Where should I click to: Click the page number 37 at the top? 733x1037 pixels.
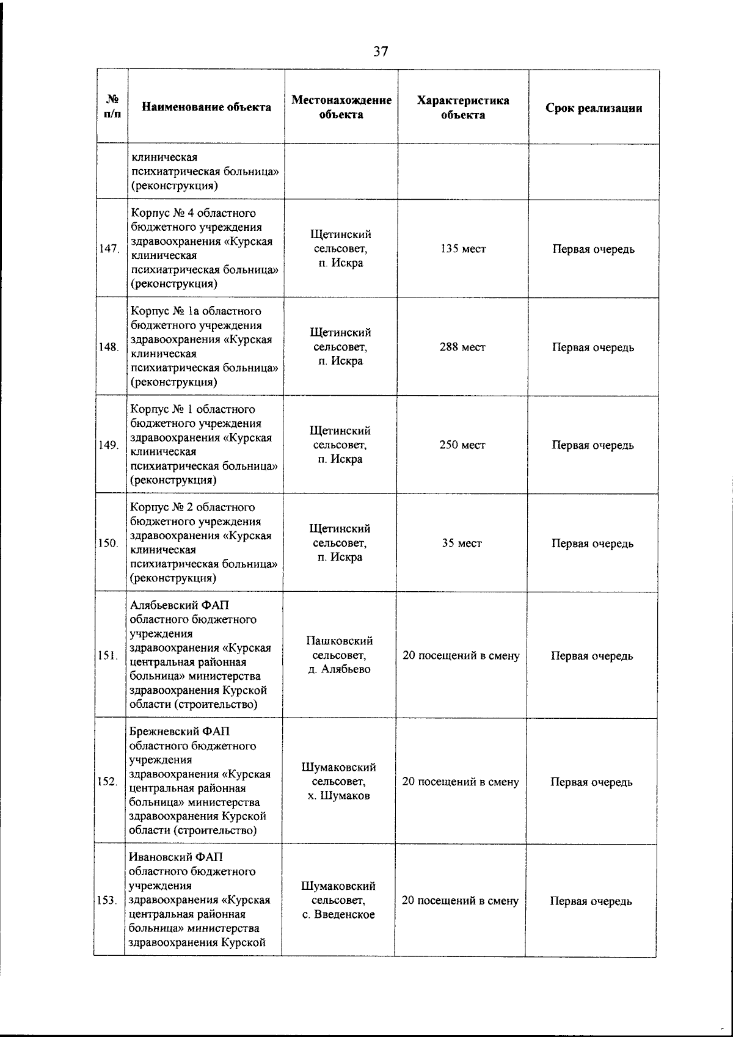click(381, 51)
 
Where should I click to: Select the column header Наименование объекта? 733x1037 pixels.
click(206, 107)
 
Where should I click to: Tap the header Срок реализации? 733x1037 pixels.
click(594, 108)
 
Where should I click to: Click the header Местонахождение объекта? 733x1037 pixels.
click(341, 107)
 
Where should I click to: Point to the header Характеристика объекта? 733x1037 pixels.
click(462, 107)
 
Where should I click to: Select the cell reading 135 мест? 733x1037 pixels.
click(462, 249)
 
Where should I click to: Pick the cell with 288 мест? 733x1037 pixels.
click(462, 347)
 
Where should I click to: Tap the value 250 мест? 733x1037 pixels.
click(462, 445)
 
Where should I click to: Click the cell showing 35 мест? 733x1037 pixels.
click(462, 543)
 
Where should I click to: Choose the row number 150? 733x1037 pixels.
click(108, 544)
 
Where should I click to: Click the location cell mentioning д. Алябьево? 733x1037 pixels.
click(340, 655)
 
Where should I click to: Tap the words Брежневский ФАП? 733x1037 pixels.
click(180, 732)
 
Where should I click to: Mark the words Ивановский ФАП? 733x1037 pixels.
click(176, 857)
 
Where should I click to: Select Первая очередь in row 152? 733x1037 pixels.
click(591, 782)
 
